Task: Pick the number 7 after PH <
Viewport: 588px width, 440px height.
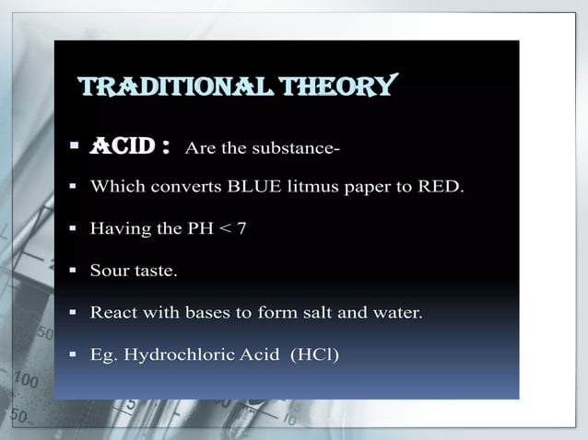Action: point(241,229)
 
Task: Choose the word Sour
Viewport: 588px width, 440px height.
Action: point(108,272)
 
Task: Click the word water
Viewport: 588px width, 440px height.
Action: point(394,313)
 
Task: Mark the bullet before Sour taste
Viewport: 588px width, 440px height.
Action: point(73,272)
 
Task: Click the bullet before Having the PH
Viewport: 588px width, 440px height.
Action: point(73,229)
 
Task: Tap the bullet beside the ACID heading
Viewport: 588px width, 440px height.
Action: point(73,147)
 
